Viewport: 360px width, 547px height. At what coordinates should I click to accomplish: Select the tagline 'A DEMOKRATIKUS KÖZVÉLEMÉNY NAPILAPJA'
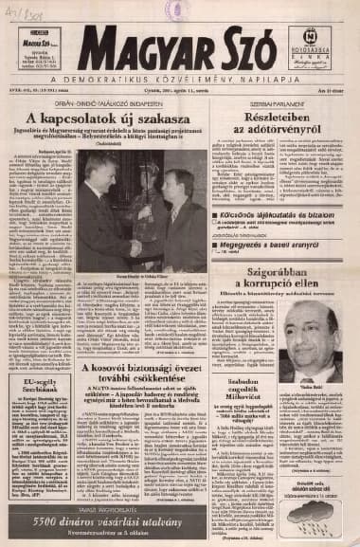179,81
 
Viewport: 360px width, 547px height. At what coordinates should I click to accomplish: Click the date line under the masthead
179,95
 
